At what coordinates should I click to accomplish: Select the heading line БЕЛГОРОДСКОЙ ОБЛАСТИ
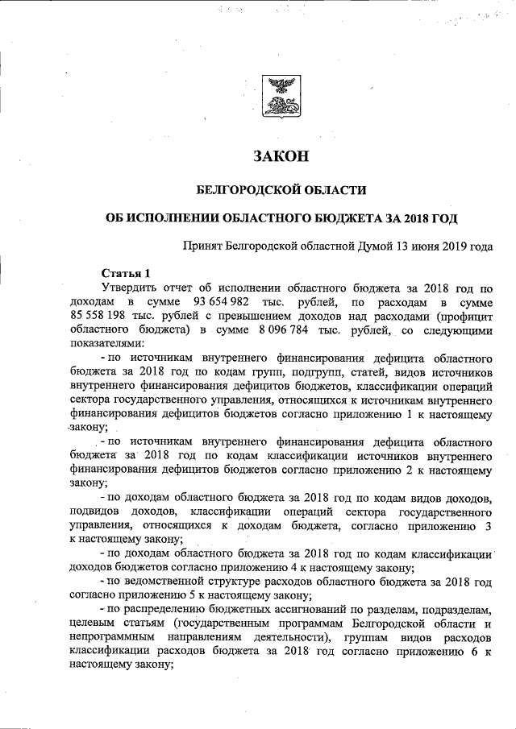point(281,191)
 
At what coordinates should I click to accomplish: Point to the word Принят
point(202,246)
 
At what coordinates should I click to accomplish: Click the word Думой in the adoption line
point(371,246)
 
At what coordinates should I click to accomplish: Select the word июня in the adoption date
point(423,246)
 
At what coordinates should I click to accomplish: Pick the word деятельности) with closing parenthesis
point(281,638)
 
